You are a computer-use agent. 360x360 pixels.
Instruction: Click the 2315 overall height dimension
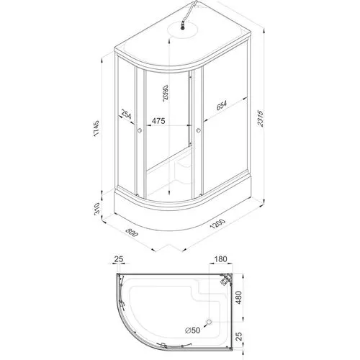261,118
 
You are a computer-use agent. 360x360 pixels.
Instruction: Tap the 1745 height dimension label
96,129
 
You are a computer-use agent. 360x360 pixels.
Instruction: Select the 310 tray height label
96,209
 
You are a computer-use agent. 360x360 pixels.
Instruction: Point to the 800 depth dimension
132,232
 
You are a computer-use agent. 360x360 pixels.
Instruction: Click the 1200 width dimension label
217,224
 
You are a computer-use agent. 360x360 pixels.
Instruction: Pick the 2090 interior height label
166,93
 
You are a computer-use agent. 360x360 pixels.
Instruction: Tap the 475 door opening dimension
158,120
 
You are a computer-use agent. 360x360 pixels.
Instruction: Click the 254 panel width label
126,114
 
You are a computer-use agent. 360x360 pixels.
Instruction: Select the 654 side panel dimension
222,105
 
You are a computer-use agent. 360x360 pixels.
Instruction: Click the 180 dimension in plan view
220,259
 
